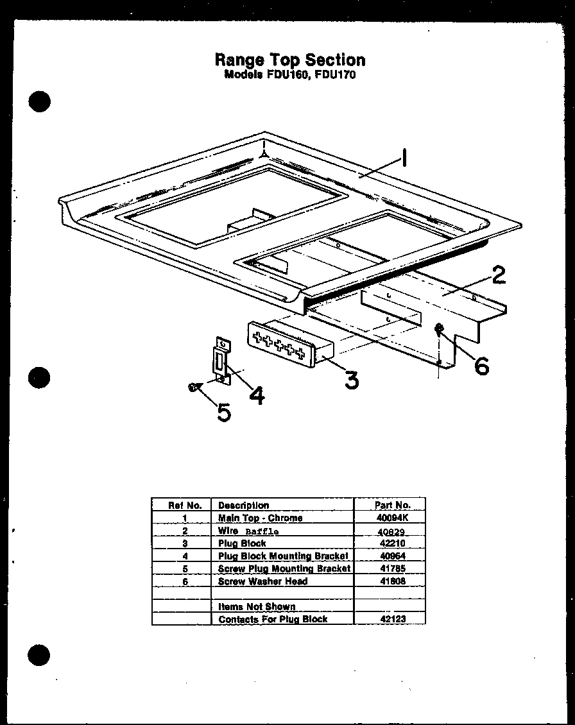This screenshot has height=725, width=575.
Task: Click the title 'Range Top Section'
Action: [x=289, y=60]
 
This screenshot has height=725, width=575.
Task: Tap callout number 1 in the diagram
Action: [x=404, y=157]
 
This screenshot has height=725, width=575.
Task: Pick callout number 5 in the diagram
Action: [x=223, y=412]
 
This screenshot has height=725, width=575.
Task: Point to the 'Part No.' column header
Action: [x=391, y=505]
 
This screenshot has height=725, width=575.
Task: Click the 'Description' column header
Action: [x=243, y=505]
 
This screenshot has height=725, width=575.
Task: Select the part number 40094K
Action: [x=391, y=518]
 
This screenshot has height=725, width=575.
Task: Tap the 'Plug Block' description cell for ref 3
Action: [x=242, y=543]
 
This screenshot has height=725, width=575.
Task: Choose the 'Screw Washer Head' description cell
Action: [x=262, y=581]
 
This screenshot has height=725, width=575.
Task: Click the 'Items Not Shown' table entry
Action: [x=257, y=606]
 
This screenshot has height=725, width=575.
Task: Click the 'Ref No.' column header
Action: [x=185, y=505]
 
